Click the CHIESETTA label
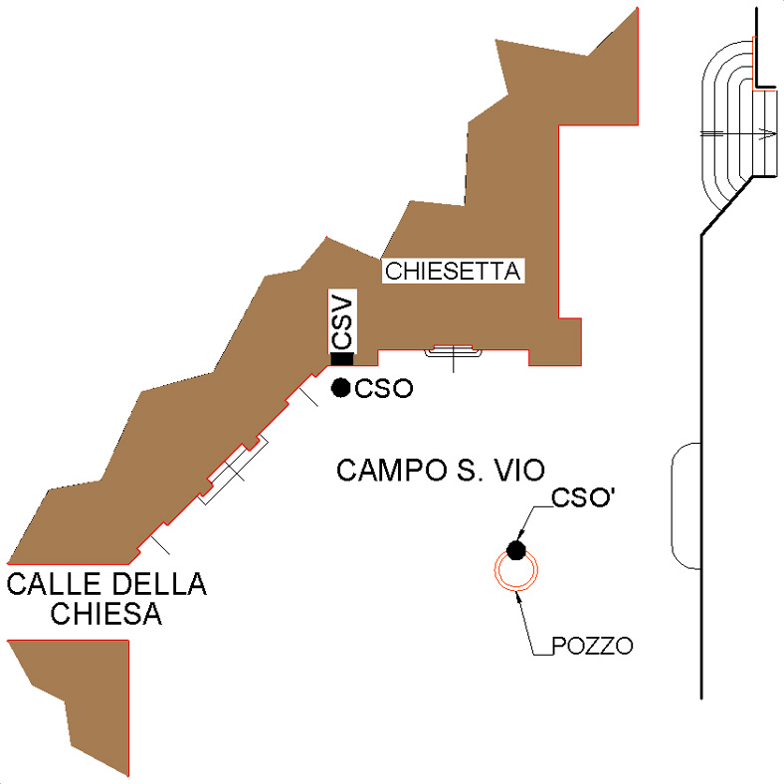453,271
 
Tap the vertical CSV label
342,320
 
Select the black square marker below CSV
342,359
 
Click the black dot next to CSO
340,388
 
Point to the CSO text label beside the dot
383,389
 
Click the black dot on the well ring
515,549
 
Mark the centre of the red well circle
517,571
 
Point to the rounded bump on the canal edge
686,505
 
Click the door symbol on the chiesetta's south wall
454,351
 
